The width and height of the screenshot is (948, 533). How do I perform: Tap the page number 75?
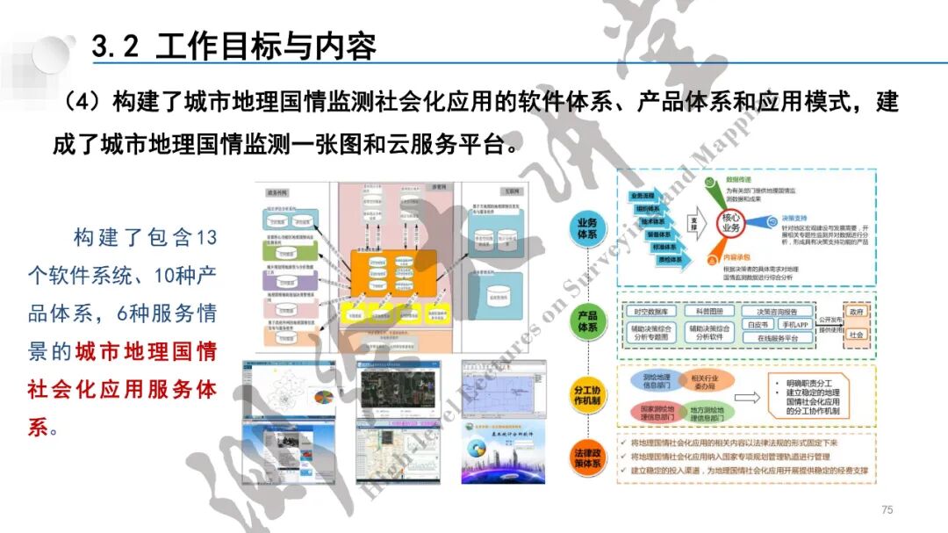887,510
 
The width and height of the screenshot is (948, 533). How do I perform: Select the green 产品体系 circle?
586,321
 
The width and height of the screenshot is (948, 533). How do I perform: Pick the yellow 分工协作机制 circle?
586,395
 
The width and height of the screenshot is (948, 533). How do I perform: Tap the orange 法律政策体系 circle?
586,459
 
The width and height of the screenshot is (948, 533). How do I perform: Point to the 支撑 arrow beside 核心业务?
693,225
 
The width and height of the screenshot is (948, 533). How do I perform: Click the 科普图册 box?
710,312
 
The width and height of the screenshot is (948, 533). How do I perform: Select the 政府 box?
856,313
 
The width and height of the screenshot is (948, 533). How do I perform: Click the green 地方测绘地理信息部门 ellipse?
704,412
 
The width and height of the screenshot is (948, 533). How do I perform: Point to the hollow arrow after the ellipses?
748,397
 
